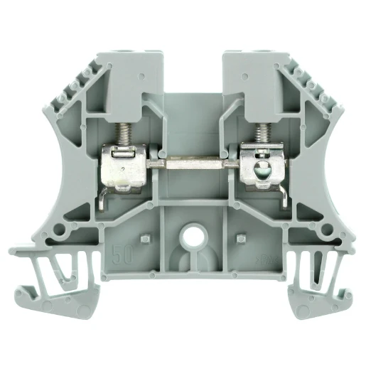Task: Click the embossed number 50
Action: [x=122, y=250]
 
